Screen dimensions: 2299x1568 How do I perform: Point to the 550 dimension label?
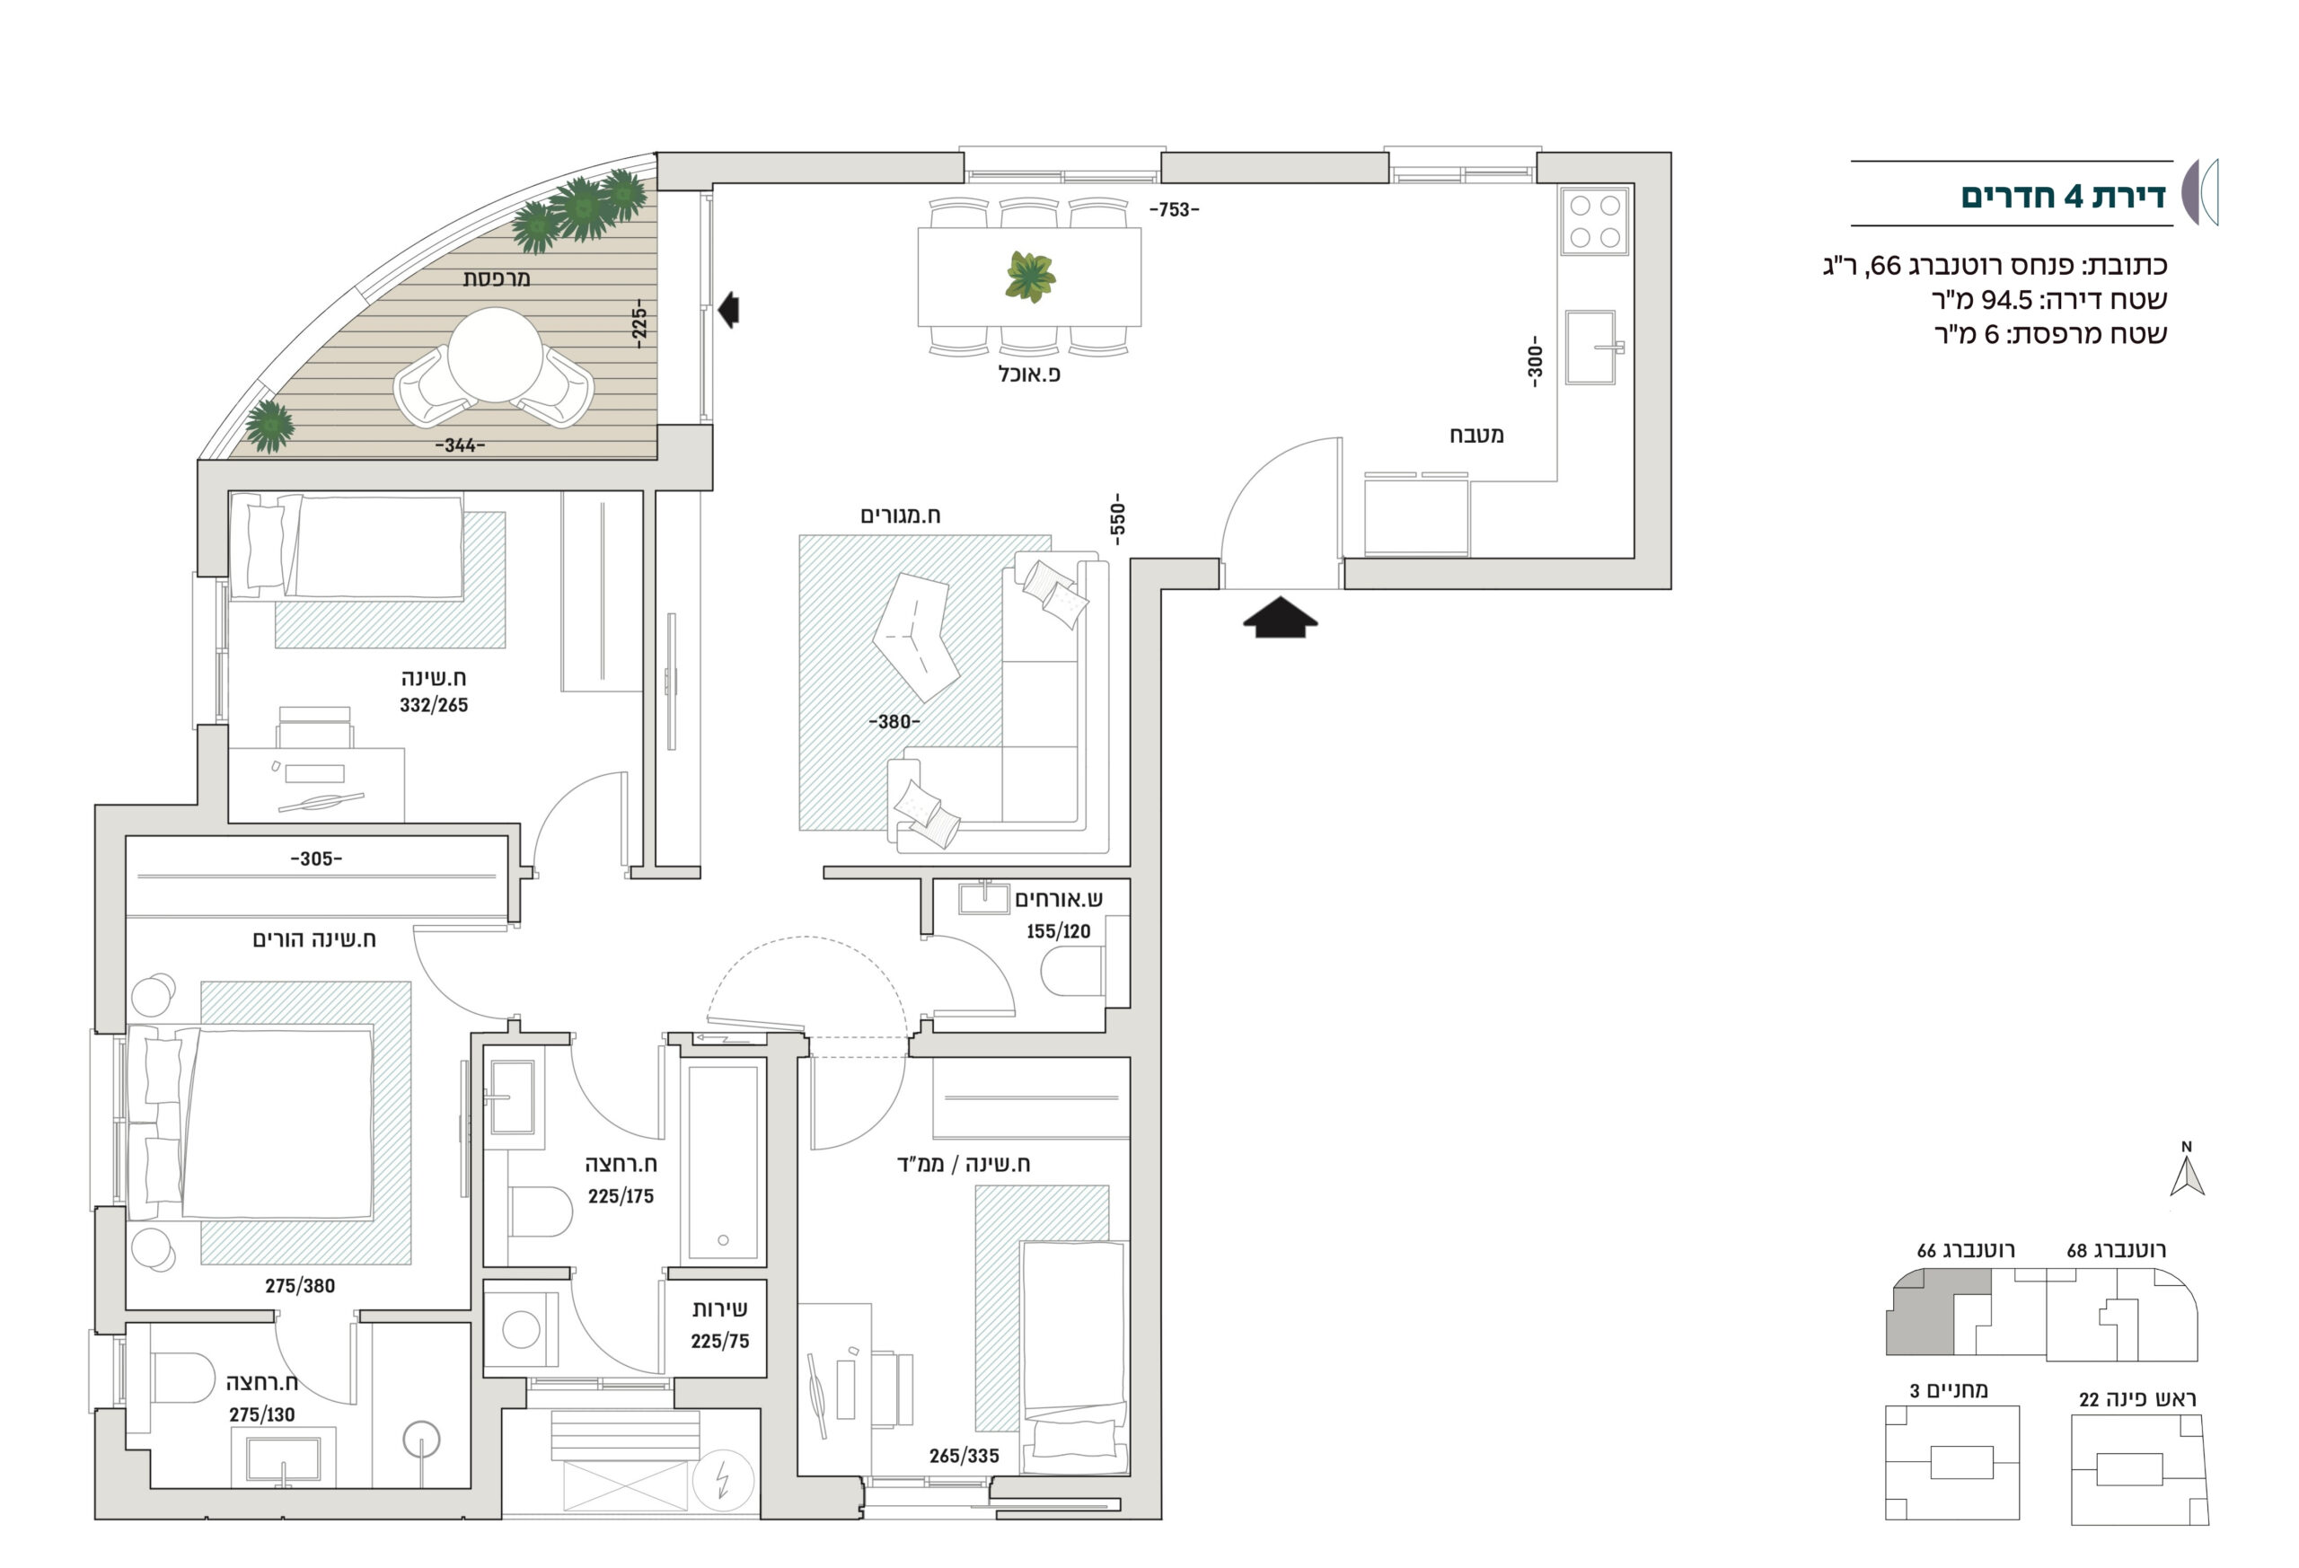[1117, 519]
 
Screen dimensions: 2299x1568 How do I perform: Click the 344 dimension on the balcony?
[460, 445]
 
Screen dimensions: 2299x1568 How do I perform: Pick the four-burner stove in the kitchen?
[1596, 221]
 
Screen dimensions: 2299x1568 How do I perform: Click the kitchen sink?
[1591, 348]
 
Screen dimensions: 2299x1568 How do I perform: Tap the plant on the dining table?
[1030, 276]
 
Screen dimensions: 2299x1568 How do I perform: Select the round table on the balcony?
[495, 355]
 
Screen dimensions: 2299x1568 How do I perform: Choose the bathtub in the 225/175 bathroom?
[723, 1161]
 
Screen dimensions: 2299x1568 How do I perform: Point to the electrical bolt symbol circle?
[723, 1481]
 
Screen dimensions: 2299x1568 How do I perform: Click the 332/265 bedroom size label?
[433, 705]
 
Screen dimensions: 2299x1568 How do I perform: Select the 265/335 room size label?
[964, 1455]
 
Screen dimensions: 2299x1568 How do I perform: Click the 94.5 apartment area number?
[2007, 300]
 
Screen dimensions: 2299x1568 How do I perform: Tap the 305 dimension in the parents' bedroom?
[315, 859]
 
